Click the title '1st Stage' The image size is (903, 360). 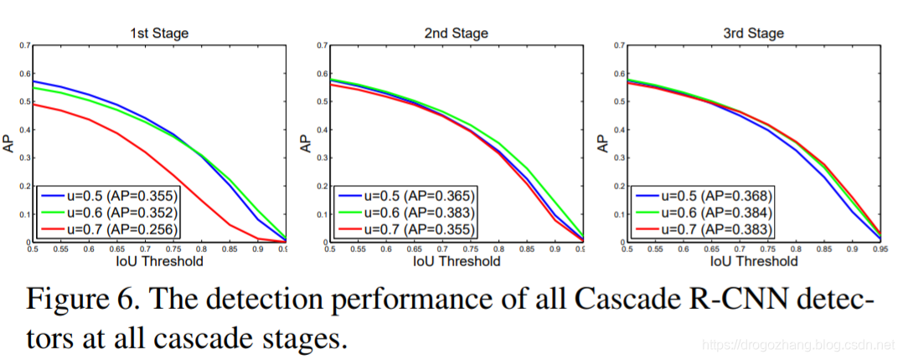158,33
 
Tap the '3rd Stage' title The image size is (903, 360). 755,33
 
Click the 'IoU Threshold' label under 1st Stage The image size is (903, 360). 158,261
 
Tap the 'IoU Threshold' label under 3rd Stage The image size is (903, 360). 755,261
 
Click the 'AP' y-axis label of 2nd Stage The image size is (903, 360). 306,143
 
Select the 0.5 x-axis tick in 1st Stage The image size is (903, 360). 34,249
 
